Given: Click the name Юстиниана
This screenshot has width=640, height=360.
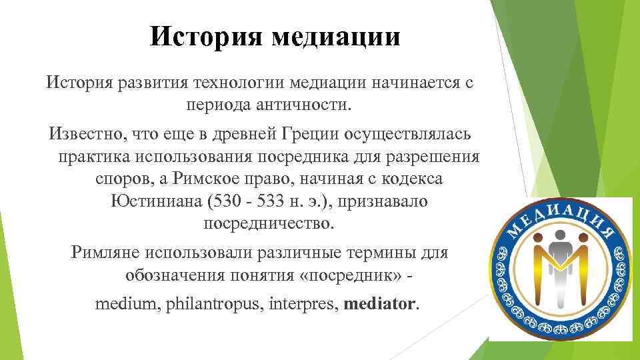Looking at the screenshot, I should tap(155, 201).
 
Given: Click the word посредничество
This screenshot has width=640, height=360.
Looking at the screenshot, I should tap(267, 223).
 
